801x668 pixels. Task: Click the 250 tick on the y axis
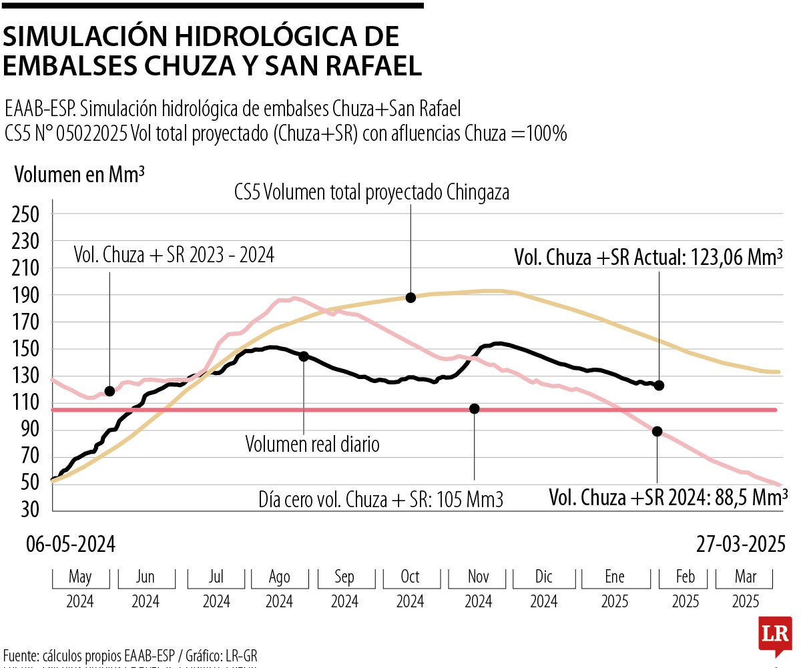coord(27,214)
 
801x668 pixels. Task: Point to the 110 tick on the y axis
coord(27,402)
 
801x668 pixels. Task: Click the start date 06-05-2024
coord(71,545)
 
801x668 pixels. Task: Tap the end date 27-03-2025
coord(740,545)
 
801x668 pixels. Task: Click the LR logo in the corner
coord(774,635)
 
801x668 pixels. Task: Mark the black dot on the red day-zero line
coord(475,408)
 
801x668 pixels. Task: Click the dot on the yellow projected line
coord(411,298)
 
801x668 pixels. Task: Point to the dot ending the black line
coord(659,386)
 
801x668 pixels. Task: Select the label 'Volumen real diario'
coord(312,444)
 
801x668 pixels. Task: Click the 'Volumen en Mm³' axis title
coord(80,175)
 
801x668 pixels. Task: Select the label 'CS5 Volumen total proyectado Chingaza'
coord(372,193)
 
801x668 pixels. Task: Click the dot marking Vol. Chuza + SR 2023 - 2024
coord(109,391)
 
